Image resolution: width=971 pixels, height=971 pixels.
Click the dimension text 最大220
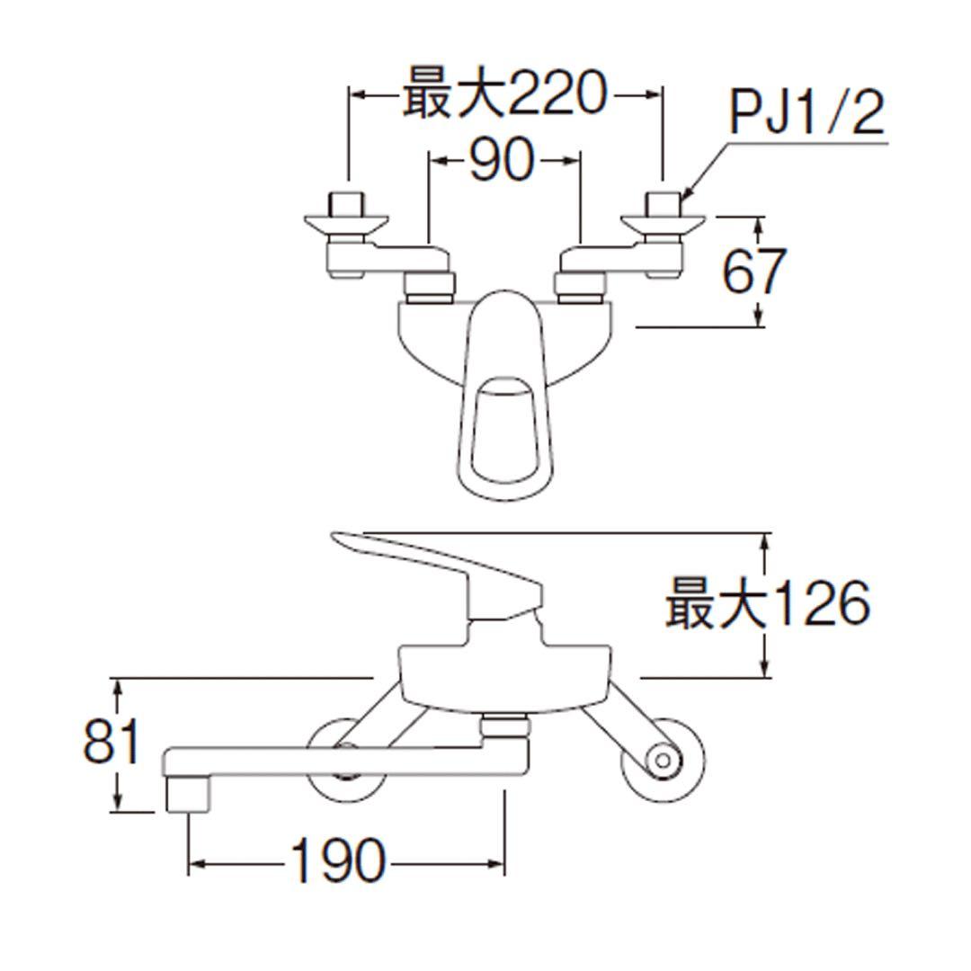coord(503,94)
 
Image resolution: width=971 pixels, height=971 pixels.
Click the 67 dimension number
coord(754,271)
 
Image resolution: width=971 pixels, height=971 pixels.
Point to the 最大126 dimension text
coord(767,603)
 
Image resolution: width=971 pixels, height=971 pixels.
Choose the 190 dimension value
coord(338,862)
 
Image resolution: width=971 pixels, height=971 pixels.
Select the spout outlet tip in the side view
coord(188,796)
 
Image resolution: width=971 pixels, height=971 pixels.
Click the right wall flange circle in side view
coord(664,761)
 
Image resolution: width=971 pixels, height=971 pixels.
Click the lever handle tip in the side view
coord(337,539)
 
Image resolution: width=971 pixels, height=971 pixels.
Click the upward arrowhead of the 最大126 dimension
coord(765,539)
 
